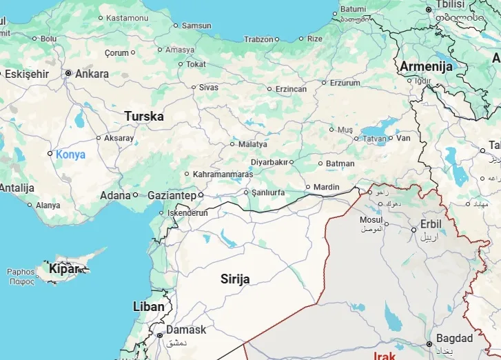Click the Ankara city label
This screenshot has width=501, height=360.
pyautogui.click(x=92, y=74)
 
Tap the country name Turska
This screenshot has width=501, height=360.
pyautogui.click(x=144, y=117)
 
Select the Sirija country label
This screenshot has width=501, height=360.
pyautogui.click(x=235, y=279)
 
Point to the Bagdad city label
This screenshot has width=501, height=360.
pyautogui.click(x=454, y=339)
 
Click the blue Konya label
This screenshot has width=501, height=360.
pyautogui.click(x=71, y=154)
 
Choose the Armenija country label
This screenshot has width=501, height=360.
pyautogui.click(x=426, y=67)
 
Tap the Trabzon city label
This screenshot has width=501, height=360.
pyautogui.click(x=258, y=39)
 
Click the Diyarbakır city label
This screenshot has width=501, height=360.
pyautogui.click(x=268, y=162)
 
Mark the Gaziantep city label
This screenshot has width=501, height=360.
pyautogui.click(x=172, y=196)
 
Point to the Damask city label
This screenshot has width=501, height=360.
pyautogui.click(x=185, y=330)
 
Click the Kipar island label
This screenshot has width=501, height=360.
pyautogui.click(x=63, y=269)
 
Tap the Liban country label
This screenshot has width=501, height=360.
pyautogui.click(x=148, y=306)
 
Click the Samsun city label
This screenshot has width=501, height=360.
pyautogui.click(x=196, y=26)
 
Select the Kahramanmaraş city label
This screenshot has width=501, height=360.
pyautogui.click(x=223, y=174)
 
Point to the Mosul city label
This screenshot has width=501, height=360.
pyautogui.click(x=371, y=220)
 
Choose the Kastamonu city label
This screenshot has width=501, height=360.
pyautogui.click(x=127, y=17)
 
